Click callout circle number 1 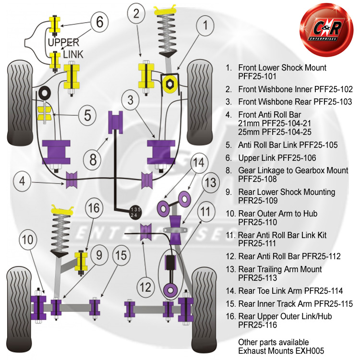coord(205,26)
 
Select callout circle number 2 coord(137,14)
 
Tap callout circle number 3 coord(131,101)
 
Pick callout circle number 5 coord(87,115)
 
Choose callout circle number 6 coord(99,22)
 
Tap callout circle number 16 coord(94,208)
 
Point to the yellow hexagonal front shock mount coord(169,83)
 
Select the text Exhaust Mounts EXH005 coord(281,351)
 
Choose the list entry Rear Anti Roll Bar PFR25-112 coord(289,256)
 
